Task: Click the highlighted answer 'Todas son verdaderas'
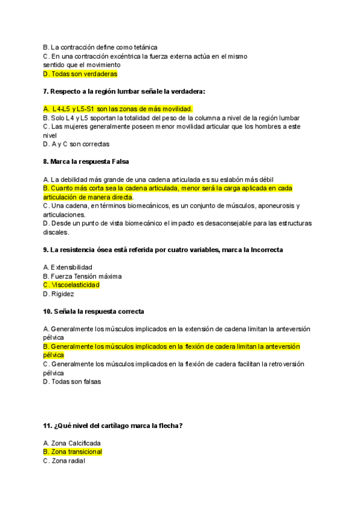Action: click(84, 74)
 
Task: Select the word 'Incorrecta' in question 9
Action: click(259, 250)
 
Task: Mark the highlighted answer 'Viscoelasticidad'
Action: click(75, 285)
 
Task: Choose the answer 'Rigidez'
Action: click(62, 294)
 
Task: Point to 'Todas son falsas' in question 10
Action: click(76, 381)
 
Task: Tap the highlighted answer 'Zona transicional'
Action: click(76, 452)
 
